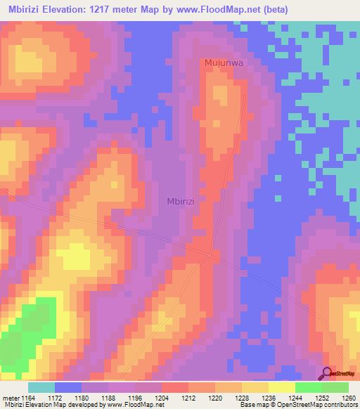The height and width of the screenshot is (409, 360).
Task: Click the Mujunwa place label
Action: (223, 63)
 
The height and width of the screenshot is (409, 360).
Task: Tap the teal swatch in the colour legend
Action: (41, 387)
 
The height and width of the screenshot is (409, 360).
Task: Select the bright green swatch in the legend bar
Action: (309, 387)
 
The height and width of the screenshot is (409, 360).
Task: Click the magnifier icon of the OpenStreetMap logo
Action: (327, 373)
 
